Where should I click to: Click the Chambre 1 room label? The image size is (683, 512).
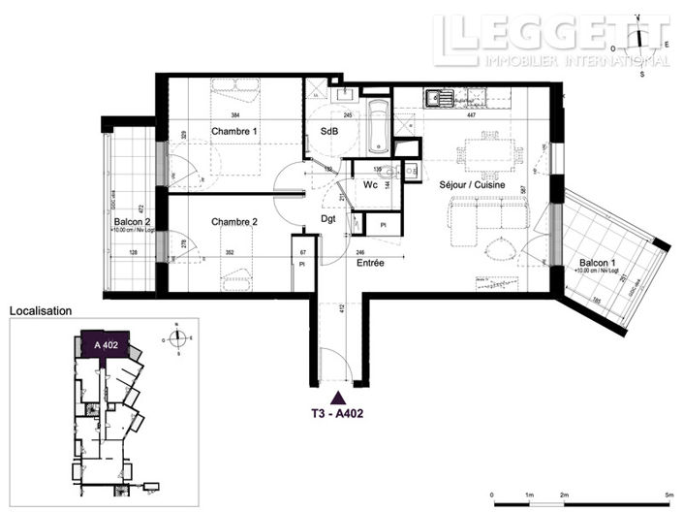tap(234, 131)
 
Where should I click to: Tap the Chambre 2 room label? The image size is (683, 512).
tap(234, 222)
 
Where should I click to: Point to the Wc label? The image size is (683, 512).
tap(369, 184)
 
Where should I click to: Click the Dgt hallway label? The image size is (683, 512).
tap(329, 219)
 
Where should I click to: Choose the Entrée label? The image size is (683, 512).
tap(371, 264)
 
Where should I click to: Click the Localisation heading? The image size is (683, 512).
tap(41, 311)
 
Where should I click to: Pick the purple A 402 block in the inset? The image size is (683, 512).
tap(106, 345)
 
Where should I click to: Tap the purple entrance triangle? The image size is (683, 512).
tap(337, 396)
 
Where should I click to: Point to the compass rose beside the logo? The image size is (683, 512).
tap(639, 43)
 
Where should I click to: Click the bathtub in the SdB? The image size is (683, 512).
tap(378, 126)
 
